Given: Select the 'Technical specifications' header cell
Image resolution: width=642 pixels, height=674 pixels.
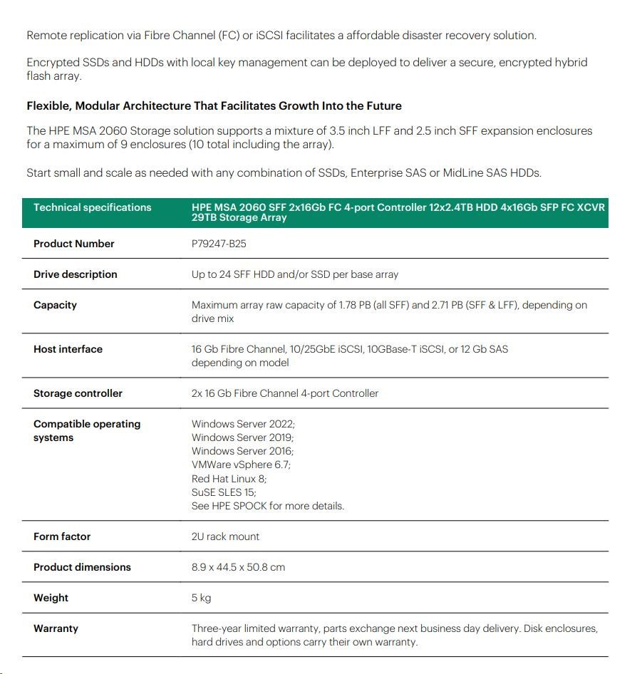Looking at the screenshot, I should point(92,207).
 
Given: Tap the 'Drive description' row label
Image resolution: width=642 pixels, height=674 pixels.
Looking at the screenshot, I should point(75,274).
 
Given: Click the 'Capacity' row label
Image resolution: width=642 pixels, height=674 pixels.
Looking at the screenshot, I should point(55,305).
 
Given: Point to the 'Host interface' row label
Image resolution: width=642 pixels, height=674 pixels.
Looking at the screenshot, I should point(68,349).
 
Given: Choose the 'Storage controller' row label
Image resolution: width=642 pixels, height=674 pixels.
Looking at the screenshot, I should point(78,393).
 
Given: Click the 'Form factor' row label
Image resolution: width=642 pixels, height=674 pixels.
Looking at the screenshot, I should point(62,536).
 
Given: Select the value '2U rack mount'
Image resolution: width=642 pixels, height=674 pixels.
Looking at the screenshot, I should point(225,536).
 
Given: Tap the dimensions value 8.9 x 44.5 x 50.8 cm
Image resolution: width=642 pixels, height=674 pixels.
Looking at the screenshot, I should point(238,567).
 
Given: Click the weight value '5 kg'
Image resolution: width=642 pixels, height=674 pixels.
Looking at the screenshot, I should point(201,598).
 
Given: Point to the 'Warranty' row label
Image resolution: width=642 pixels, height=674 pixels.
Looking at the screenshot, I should point(56,628).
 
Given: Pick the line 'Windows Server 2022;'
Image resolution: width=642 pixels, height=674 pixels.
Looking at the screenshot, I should point(243,424).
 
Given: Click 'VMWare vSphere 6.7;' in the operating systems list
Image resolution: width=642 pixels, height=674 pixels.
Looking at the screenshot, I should point(241,465).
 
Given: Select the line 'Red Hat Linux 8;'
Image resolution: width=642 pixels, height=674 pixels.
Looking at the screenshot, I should point(229,479).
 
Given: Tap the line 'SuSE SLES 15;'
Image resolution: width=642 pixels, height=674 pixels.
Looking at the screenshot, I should point(224,492).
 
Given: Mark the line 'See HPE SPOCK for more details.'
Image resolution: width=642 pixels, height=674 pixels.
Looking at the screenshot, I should point(267,506).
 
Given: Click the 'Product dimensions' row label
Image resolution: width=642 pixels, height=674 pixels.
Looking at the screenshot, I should point(82,567).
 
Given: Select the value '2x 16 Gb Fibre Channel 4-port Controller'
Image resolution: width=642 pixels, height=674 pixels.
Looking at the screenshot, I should point(285,393).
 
